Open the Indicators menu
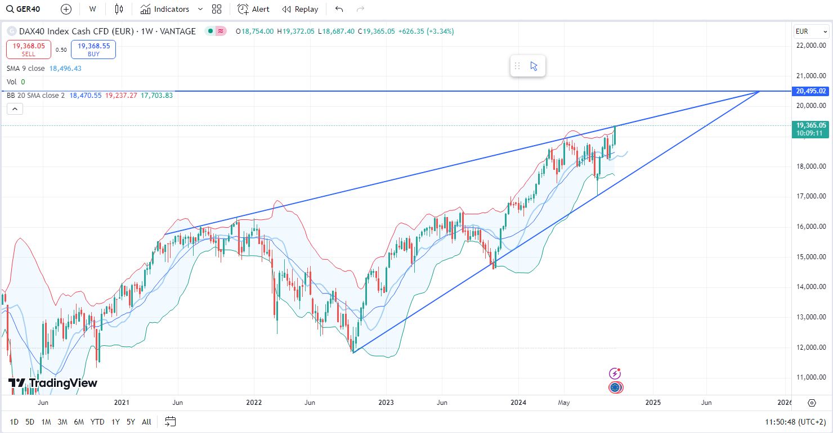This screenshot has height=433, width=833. click(x=165, y=9)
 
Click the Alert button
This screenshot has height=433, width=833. click(x=253, y=9)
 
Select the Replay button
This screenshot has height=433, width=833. click(x=300, y=9)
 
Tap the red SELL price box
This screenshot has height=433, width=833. click(x=29, y=49)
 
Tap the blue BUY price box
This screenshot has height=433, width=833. click(x=93, y=49)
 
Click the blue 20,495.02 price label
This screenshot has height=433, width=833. click(x=811, y=91)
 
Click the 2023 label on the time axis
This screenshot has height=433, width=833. click(x=386, y=403)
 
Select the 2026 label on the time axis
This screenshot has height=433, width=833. click(x=784, y=403)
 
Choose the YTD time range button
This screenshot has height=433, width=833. click(x=97, y=422)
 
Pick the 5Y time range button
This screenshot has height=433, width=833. click(x=131, y=422)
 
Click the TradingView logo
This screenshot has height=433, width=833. click(x=53, y=383)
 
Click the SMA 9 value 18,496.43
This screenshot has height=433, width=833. click(x=65, y=69)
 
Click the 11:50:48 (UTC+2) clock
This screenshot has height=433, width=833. click(x=795, y=422)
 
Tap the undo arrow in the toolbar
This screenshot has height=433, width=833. click(x=339, y=9)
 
